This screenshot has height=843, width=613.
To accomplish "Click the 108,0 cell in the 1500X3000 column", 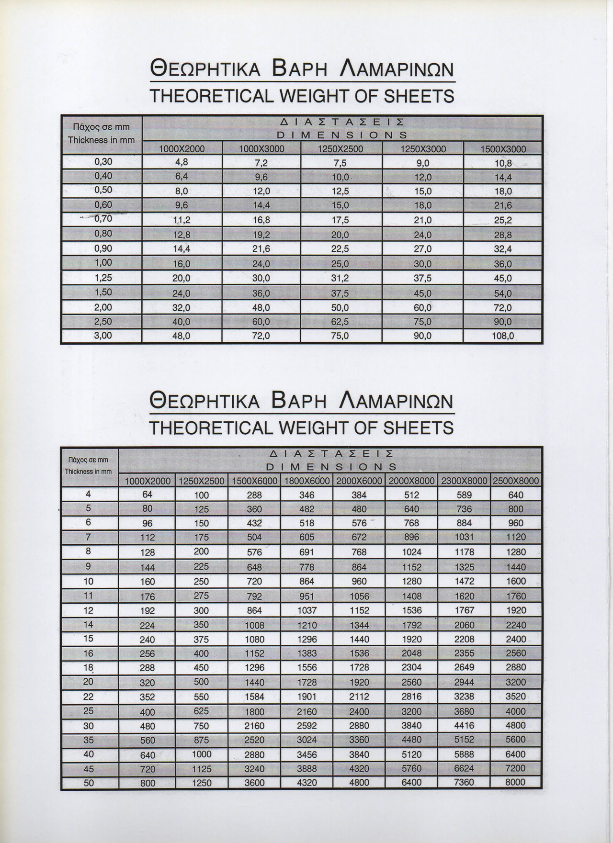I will coord(502,336).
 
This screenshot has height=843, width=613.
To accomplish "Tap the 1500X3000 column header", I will coord(502,149).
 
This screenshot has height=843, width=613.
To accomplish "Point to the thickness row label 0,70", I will coord(103,219).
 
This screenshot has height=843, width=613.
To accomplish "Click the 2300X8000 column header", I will coord(464,481).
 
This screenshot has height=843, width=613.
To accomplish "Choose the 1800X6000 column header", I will coord(306,481).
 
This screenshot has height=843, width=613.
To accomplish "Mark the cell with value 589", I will coord(464,495).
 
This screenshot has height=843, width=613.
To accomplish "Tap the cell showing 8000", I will coord(515,782).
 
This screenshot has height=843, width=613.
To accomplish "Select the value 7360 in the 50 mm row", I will coord(464,782).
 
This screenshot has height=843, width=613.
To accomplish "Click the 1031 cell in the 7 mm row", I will coord(464,537).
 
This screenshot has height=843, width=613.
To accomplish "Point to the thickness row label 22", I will coord(89,697).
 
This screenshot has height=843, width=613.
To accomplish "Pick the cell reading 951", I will coord(306,596).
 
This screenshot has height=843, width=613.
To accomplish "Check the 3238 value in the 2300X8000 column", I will coord(464,697).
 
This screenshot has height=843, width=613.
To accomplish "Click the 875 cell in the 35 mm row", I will coord(201,740).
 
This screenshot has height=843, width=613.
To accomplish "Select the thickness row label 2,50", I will coord(103,321).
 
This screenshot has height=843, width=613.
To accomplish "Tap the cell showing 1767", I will coord(464,610).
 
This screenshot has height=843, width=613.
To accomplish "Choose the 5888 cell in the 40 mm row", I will coord(464,754).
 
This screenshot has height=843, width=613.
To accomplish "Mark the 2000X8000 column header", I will coord(411,481).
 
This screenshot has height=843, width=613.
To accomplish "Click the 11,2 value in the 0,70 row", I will coord(182,220).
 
